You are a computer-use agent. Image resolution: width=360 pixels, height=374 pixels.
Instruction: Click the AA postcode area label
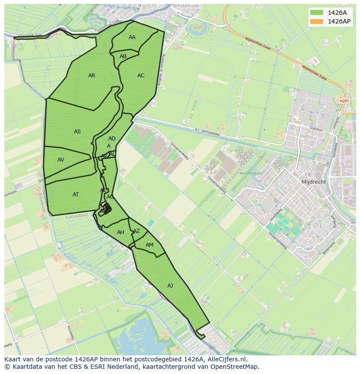pos(132,37)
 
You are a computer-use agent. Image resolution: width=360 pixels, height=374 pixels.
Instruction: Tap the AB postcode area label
pos(123,56)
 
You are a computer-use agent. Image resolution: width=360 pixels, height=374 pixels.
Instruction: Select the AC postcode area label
pos(141,76)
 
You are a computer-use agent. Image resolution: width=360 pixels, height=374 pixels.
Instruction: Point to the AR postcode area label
pos(92,76)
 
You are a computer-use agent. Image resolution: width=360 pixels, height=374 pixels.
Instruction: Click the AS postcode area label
pos(77,132)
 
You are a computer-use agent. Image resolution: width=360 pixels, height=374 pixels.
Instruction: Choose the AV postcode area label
pos(61,160)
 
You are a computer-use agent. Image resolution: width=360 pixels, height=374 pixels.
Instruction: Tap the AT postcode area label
pos(76,195)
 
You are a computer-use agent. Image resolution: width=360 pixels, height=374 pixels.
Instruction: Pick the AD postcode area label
pos(112,139)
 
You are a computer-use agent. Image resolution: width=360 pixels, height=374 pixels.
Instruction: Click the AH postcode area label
pos(120,232)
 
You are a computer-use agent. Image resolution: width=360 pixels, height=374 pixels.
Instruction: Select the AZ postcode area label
pos(137,231)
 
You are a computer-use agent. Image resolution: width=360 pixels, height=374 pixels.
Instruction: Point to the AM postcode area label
pos(150,245)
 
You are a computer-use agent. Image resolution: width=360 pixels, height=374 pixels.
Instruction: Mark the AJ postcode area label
pos(170,285)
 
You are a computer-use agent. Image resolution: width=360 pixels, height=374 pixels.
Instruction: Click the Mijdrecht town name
pos(313,182)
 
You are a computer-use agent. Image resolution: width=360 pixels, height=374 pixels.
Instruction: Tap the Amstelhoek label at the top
pos(186,6)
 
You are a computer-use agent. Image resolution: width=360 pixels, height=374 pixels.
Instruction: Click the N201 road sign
pos(344,101)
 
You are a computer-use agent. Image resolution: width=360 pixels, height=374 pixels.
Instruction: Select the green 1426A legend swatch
pos(317,12)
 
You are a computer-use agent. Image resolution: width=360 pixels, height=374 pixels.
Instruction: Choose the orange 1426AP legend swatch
pos(317,21)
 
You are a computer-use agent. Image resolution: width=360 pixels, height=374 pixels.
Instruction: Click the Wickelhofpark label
pos(251,173)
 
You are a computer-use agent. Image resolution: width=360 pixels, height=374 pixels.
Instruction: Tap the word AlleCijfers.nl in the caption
pos(227,359)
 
